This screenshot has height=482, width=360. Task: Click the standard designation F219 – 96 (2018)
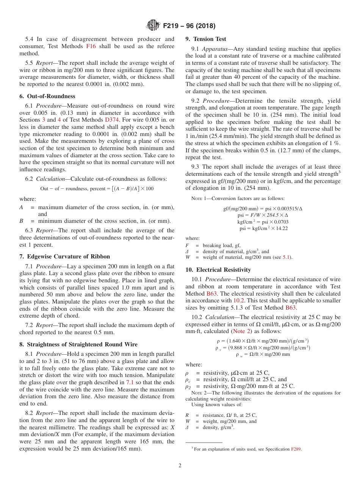[x=189, y=26]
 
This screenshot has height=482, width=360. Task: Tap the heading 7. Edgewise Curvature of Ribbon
[x=64, y=257]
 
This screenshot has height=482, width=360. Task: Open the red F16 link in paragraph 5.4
[x=91, y=46]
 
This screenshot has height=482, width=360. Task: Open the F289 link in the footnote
[x=296, y=449]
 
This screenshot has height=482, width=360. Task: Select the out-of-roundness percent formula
[x=97, y=188]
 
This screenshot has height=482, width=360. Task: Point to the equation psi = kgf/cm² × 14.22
[x=263, y=228]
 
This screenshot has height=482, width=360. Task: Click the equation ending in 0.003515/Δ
[x=263, y=208]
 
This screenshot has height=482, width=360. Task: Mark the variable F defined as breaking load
[x=187, y=245]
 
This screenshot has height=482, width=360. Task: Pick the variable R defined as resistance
[x=187, y=415]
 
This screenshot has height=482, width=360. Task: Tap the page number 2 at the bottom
[x=180, y=466]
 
